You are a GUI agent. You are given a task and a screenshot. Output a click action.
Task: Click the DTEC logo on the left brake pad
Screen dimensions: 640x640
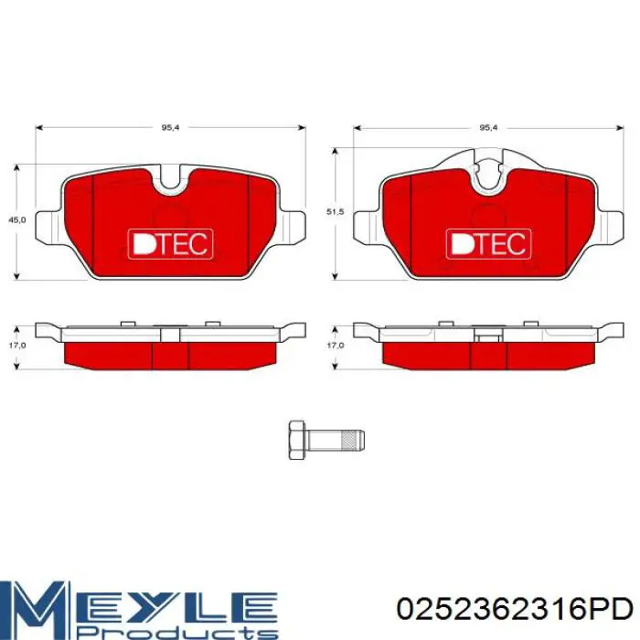(170, 242)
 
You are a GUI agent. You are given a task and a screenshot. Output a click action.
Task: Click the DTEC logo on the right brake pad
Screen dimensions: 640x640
(487, 242)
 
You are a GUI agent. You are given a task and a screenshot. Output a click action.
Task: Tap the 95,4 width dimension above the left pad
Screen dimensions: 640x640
(170, 127)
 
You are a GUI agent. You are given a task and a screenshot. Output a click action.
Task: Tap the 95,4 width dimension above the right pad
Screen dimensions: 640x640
(488, 127)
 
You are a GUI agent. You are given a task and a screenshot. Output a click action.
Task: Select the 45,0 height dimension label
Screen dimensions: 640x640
(16, 220)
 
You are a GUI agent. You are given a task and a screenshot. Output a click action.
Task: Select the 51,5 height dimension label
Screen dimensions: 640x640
(335, 212)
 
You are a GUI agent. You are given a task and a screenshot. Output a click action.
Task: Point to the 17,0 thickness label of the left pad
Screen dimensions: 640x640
(16, 346)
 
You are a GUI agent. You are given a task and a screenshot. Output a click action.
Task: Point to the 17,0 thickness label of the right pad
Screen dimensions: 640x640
(335, 346)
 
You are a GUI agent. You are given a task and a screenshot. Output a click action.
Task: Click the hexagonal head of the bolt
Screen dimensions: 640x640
(297, 440)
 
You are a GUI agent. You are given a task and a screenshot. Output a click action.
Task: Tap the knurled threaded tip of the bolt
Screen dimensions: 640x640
(352, 440)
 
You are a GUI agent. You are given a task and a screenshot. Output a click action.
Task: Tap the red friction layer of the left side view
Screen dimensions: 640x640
(170, 355)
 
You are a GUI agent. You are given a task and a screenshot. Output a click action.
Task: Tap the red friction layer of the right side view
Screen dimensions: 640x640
(487, 355)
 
